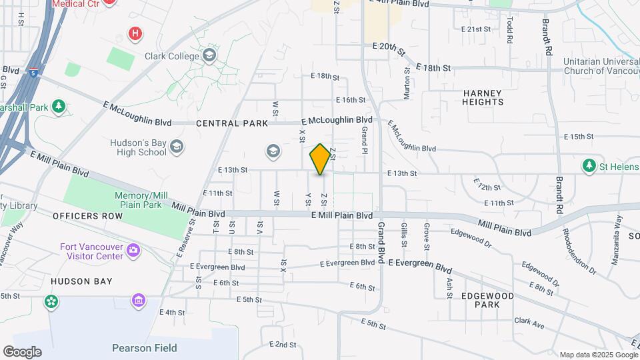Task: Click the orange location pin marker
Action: click(320, 159)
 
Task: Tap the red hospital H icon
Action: click(135, 33)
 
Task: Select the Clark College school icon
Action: click(210, 55)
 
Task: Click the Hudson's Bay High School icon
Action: click(177, 146)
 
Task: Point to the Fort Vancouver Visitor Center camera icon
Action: click(134, 251)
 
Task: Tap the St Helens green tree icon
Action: click(589, 165)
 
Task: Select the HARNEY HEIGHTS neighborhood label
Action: click(483, 97)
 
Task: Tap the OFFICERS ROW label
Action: click(87, 216)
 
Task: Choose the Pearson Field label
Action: click(144, 348)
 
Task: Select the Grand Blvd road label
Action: click(382, 243)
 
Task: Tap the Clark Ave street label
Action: click(529, 323)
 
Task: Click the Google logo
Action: click(22, 352)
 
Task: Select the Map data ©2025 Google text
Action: click(597, 355)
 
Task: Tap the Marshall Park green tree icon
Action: click(59, 107)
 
